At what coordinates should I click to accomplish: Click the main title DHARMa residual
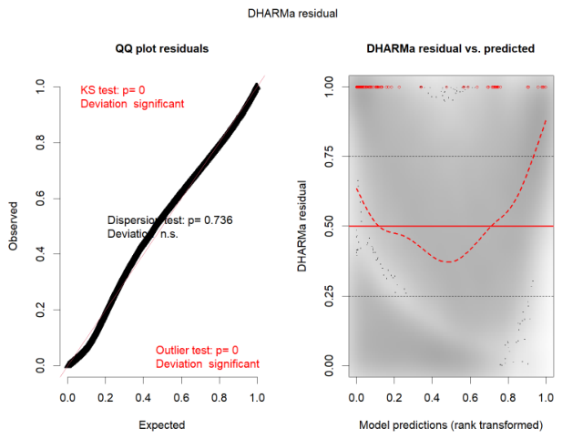(292, 14)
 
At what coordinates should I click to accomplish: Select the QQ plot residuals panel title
(161, 48)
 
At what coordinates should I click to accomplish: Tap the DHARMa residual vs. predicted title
(451, 48)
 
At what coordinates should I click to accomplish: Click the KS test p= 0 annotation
(113, 90)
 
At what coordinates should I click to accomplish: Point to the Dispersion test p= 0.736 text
(170, 220)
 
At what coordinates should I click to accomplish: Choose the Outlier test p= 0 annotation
(197, 350)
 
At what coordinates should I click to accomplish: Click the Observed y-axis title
(13, 226)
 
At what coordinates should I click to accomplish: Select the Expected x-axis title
(161, 425)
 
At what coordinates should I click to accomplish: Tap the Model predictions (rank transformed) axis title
(451, 425)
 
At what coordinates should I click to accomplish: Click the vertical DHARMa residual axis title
(301, 226)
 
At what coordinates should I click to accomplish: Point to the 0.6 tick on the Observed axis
(40, 199)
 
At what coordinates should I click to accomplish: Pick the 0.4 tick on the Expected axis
(143, 397)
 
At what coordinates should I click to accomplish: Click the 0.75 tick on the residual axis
(329, 157)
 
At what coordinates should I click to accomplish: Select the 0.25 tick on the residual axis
(329, 297)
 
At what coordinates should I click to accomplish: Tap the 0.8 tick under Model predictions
(508, 397)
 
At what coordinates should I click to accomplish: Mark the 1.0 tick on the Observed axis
(40, 87)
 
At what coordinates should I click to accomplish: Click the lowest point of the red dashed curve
(448, 262)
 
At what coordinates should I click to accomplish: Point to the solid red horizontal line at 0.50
(451, 226)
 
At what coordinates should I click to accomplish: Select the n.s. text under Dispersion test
(169, 234)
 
